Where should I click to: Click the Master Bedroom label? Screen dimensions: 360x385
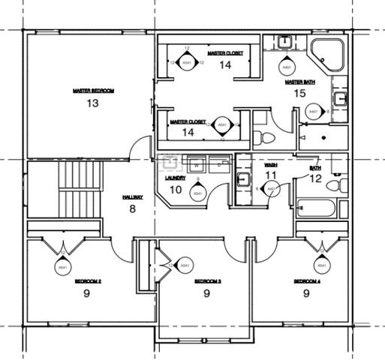tap(93, 91)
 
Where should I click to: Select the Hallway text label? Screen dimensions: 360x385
tap(133, 196)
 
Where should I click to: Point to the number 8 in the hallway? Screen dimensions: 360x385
tap(133, 208)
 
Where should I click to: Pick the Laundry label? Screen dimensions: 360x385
tap(174, 178)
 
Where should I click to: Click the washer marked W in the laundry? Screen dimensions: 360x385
tap(197, 162)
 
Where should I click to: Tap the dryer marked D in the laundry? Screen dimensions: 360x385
tap(218, 162)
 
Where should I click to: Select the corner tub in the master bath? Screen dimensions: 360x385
tap(327, 52)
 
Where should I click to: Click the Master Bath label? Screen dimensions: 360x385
tap(299, 82)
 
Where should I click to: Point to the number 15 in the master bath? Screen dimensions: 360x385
tap(299, 94)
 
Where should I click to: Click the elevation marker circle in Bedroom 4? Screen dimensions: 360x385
tap(322, 265)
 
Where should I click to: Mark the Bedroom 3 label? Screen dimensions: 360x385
tap(207, 281)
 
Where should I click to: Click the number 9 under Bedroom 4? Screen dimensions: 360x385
tap(307, 293)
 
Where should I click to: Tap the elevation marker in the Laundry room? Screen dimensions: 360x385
tap(197, 193)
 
